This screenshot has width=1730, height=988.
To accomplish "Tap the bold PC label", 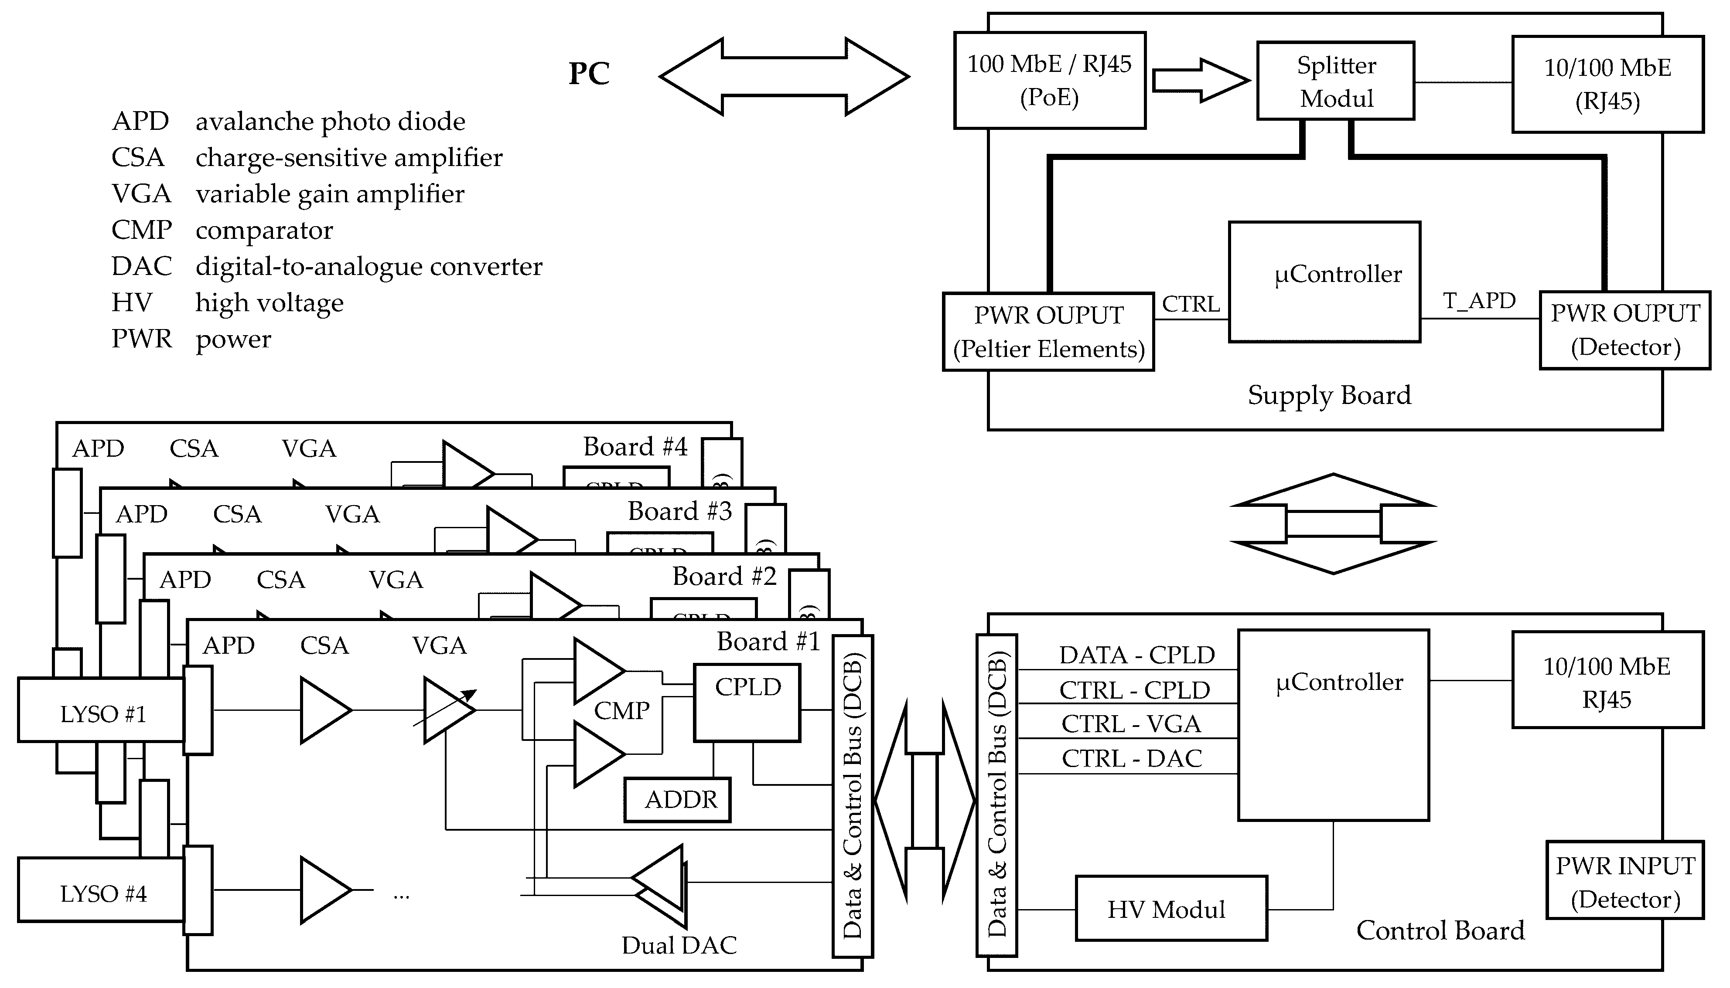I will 589,73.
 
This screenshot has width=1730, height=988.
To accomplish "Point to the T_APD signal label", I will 1479,301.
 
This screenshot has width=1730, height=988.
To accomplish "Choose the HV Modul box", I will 1170,909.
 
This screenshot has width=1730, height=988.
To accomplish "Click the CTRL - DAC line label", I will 1131,758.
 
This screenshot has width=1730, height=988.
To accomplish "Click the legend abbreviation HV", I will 132,302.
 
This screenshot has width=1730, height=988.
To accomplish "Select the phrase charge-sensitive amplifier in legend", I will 349,157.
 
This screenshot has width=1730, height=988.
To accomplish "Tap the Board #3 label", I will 679,511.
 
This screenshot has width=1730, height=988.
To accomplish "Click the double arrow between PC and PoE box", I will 784,77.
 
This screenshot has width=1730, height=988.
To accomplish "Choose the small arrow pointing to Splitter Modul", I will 1200,81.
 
